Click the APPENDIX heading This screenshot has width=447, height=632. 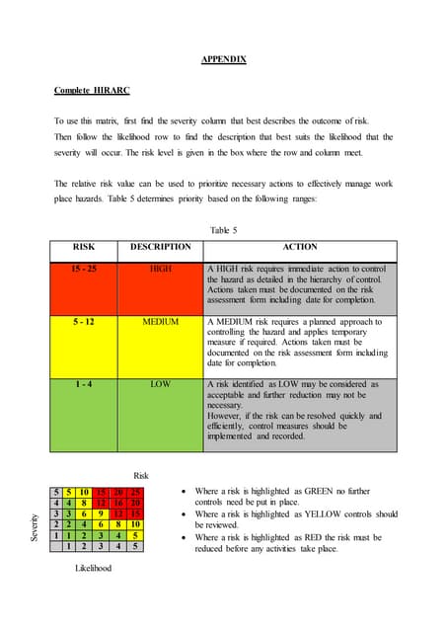click(x=223, y=60)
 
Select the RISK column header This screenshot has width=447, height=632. click(x=84, y=248)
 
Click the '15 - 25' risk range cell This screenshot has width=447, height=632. click(x=84, y=268)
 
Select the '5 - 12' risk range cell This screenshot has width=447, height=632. click(x=84, y=322)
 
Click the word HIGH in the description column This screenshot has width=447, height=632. click(x=160, y=268)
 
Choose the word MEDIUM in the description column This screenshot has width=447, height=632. click(x=160, y=322)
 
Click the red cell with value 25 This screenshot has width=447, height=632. click(x=136, y=493)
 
